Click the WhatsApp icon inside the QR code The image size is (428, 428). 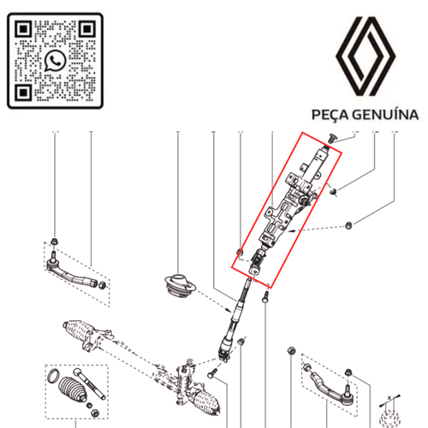coord(56,59)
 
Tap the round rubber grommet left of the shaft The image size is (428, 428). coord(181,286)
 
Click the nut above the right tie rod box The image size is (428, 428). coord(292,353)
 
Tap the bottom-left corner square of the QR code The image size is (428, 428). coord(23,92)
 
